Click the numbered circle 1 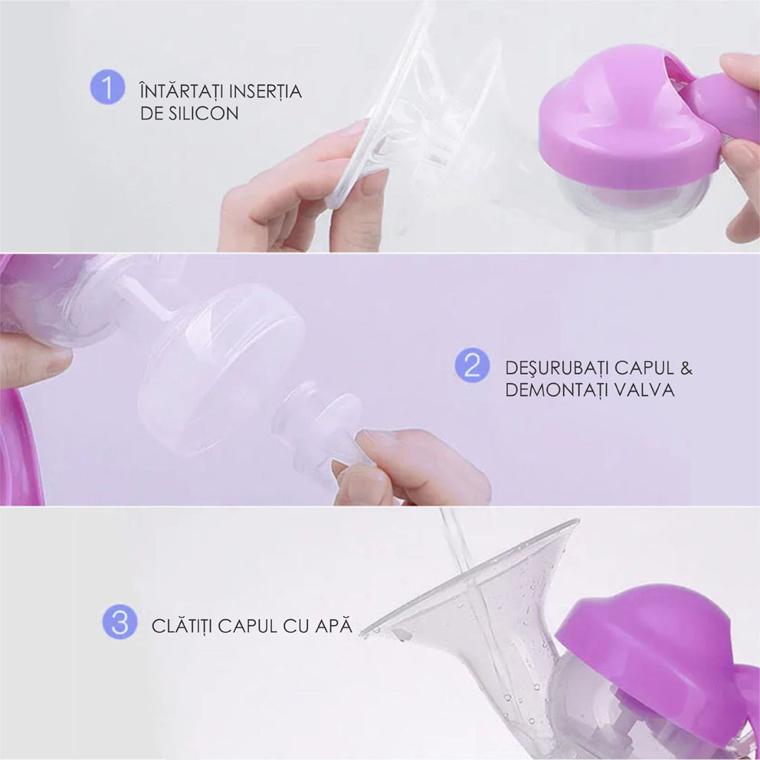pyautogui.click(x=107, y=87)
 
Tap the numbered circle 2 pyautogui.click(x=472, y=365)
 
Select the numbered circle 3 pyautogui.click(x=120, y=622)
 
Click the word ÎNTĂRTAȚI pyautogui.click(x=181, y=90)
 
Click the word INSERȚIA pyautogui.click(x=266, y=92)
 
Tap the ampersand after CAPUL pyautogui.click(x=686, y=368)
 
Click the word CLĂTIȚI pyautogui.click(x=182, y=625)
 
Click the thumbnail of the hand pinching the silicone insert pyautogui.click(x=300, y=189)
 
